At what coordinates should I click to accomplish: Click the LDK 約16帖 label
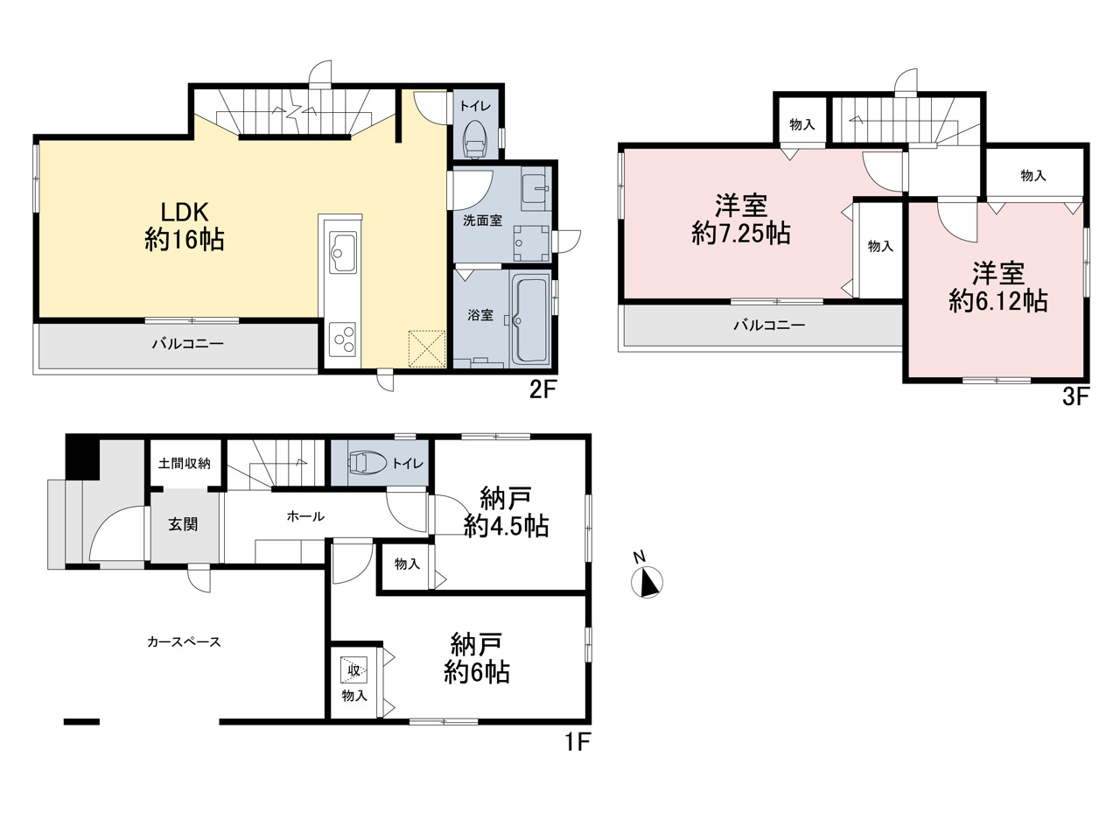coord(185,227)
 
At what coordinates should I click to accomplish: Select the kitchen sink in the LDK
coord(342,252)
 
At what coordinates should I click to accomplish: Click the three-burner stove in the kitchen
coord(342,340)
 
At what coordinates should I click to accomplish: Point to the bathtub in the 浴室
coord(531,321)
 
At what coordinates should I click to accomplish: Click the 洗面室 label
coord(482,221)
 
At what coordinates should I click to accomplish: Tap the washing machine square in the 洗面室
coord(532,243)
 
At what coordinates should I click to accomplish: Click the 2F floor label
coord(543,390)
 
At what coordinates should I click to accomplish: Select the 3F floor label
coord(1075,397)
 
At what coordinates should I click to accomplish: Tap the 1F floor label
coord(578,741)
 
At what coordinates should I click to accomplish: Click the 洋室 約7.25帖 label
coord(741,220)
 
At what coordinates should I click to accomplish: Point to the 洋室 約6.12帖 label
coord(998,288)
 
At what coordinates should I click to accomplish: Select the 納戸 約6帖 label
coord(477,658)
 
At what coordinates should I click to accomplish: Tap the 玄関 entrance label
coord(183,524)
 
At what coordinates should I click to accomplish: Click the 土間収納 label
coord(185,464)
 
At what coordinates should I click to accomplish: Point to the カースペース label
coord(184,642)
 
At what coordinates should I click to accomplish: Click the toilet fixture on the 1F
coord(367,461)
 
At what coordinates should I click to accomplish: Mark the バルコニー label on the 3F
coord(769,326)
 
